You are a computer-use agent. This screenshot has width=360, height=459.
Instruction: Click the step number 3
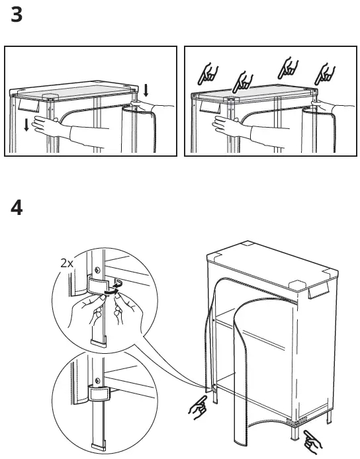pyautogui.click(x=17, y=15)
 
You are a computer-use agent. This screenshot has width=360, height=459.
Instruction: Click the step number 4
pyautogui.click(x=17, y=208)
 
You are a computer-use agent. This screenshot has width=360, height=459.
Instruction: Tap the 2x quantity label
pyautogui.click(x=67, y=263)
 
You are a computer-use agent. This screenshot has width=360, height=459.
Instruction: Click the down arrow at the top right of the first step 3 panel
pyautogui.click(x=146, y=90)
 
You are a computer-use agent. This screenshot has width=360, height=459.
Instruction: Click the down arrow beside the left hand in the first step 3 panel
pyautogui.click(x=26, y=125)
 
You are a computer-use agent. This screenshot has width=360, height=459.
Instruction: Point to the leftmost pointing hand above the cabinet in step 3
pyautogui.click(x=208, y=74)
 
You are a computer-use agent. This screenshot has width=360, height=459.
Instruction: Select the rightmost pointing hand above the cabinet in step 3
pyautogui.click(x=324, y=74)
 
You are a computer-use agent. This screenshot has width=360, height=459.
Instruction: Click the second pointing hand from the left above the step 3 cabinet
pyautogui.click(x=243, y=81)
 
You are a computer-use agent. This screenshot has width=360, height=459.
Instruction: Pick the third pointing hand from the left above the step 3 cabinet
pyautogui.click(x=288, y=68)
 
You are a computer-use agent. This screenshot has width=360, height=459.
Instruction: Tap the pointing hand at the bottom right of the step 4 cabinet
pyautogui.click(x=312, y=441)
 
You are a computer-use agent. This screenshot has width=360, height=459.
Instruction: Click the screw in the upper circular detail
pyautogui.click(x=97, y=270)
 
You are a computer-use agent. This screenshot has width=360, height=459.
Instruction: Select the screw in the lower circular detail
pyautogui.click(x=97, y=381)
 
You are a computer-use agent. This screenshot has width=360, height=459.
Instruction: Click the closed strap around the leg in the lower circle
pyautogui.click(x=99, y=393)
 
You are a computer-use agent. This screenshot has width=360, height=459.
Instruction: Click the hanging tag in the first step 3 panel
pyautogui.click(x=28, y=104)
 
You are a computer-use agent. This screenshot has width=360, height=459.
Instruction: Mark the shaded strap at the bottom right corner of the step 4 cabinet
pyautogui.click(x=296, y=421)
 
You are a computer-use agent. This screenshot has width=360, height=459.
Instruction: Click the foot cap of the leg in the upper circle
pyautogui.click(x=98, y=342)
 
